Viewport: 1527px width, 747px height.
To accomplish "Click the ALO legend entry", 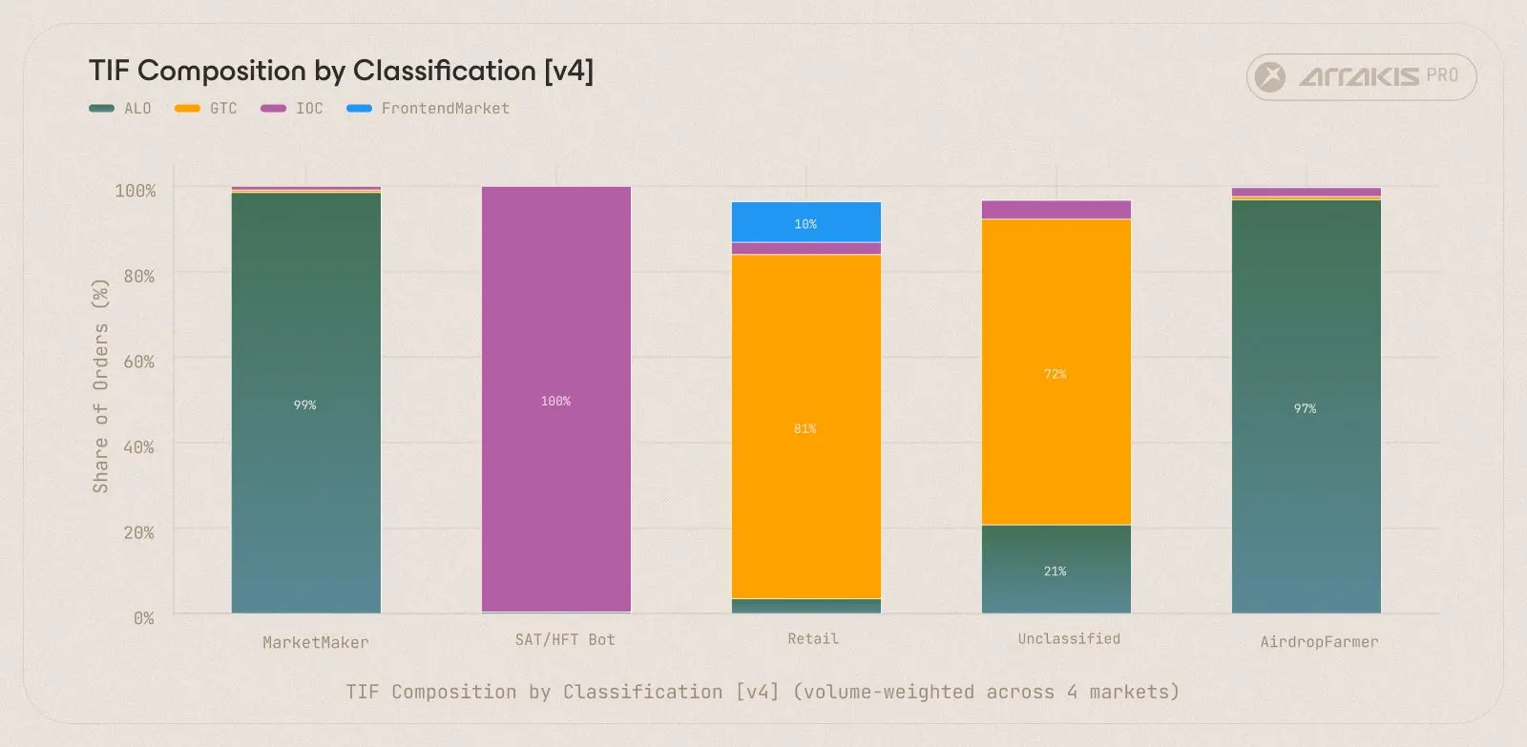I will pos(120,109).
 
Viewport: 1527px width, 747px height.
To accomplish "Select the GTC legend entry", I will pos(206,109).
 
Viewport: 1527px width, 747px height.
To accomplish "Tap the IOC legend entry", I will pos(292,109).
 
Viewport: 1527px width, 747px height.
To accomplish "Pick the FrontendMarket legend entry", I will pos(429,109).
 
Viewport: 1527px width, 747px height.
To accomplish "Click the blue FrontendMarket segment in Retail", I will pos(805,222).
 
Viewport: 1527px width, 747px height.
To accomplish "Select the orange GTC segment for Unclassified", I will pos(1056,372).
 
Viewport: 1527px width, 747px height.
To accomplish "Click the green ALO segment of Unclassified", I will pos(1056,570).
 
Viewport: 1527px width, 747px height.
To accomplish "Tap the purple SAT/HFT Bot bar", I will pos(555,400).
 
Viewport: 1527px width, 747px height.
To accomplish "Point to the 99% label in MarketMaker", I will pos(304,405).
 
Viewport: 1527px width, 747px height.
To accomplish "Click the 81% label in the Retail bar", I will pos(805,429).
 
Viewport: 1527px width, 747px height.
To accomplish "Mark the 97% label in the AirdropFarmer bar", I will pos(1305,408).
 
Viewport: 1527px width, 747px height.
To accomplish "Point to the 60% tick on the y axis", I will pos(138,362).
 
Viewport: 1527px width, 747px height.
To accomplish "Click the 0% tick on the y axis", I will pos(143,618).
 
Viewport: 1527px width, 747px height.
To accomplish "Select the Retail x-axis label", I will pos(813,639).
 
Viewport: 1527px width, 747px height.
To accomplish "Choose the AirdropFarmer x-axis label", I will pos(1319,642).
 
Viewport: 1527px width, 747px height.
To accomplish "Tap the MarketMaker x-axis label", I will pos(316,643).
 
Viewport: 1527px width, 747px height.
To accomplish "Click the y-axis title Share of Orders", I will pos(100,386).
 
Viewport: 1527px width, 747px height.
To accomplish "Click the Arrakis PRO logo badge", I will pos(1361,77).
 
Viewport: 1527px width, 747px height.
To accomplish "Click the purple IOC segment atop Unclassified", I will pos(1056,210).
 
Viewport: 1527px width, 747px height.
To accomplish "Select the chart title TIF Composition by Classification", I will pos(341,71).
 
